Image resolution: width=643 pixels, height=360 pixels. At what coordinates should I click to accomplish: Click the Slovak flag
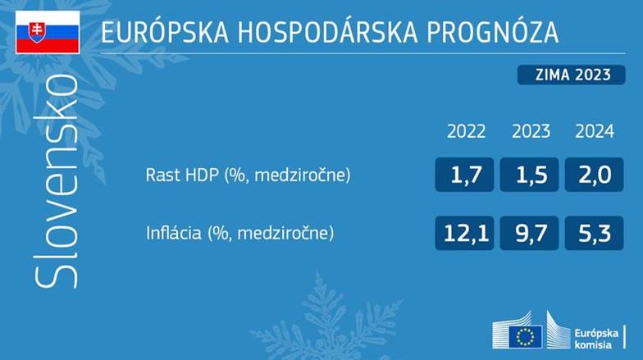click(48, 32)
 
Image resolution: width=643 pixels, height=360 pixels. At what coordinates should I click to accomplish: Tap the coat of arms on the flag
click(36, 32)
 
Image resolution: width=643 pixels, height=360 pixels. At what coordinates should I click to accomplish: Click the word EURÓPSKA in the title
click(165, 32)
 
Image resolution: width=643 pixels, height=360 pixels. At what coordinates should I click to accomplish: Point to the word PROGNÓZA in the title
click(492, 32)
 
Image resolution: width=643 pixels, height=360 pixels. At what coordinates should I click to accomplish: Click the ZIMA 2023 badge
click(571, 75)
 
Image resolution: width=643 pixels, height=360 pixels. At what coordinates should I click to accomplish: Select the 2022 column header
click(466, 131)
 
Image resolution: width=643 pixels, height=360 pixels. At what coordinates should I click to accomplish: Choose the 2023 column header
click(531, 131)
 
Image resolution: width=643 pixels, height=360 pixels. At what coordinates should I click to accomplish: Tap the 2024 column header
click(595, 131)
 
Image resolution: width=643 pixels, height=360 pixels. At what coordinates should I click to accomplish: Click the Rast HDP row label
click(248, 175)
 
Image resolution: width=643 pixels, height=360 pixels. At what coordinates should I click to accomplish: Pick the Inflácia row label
click(239, 233)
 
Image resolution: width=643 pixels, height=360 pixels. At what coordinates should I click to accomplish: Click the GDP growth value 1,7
click(464, 175)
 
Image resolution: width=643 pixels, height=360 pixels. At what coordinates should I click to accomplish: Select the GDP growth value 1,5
click(530, 175)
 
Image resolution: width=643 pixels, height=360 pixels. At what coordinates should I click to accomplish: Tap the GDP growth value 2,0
click(594, 175)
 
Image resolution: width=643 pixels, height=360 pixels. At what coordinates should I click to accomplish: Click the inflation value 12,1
click(464, 233)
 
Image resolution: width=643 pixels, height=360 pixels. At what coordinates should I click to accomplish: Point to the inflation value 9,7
click(530, 233)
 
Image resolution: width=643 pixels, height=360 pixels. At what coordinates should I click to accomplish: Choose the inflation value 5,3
click(594, 233)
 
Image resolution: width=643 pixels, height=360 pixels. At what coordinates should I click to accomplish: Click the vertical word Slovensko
click(56, 181)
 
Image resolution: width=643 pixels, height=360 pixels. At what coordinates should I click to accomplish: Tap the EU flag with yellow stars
click(525, 337)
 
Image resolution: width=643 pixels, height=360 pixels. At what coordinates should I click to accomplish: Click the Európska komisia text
click(595, 339)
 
